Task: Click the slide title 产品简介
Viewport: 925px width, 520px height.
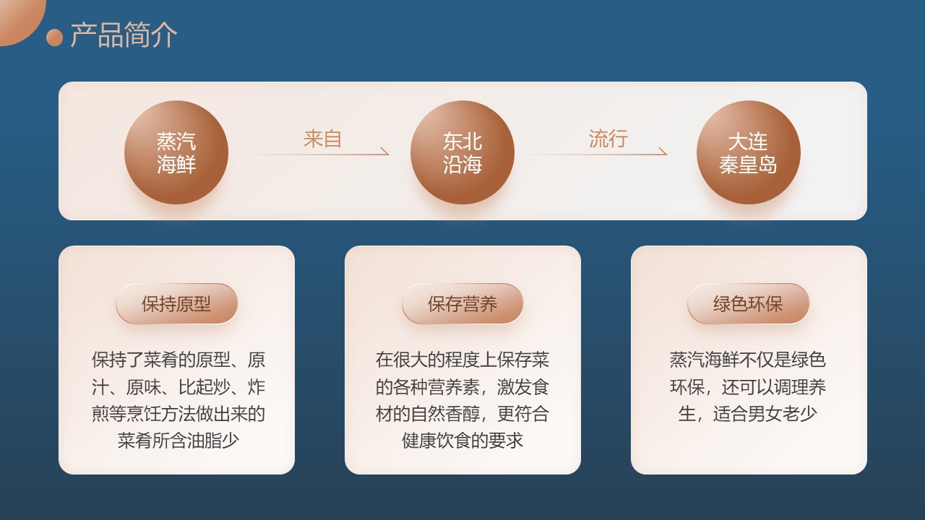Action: [x=124, y=35]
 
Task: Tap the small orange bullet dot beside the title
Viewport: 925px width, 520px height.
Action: [x=54, y=37]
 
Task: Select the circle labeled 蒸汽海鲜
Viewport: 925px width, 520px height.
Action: [x=176, y=152]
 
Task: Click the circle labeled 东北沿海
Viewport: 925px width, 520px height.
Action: [x=462, y=152]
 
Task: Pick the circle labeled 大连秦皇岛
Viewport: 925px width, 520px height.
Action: [x=748, y=152]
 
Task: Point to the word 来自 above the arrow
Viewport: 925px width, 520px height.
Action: [x=322, y=139]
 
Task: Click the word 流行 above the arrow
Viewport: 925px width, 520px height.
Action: [x=608, y=139]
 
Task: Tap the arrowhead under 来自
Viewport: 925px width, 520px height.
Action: [x=385, y=152]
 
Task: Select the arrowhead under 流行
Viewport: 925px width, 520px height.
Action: [x=663, y=152]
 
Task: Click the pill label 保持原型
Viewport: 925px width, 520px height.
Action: [x=177, y=304]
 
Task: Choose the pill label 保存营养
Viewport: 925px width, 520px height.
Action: [x=462, y=304]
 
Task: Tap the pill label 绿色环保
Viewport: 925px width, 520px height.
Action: [x=748, y=304]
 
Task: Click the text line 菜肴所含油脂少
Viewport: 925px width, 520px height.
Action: [x=178, y=441]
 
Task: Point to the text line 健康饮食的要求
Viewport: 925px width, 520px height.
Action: [x=462, y=441]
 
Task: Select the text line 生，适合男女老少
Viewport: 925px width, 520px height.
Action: [x=748, y=414]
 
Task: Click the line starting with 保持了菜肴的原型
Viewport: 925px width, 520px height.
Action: [x=178, y=360]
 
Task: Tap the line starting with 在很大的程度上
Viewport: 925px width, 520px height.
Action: [x=462, y=360]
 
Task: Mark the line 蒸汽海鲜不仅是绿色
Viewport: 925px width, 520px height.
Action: [x=748, y=360]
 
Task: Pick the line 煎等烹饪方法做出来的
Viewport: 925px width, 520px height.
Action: [x=178, y=414]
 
